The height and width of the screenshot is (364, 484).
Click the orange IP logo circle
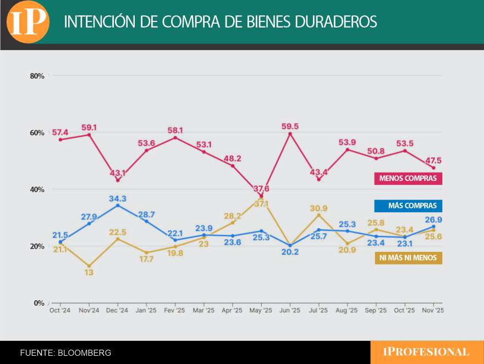click(x=28, y=22)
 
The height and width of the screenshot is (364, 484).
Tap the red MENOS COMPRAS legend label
click(x=408, y=179)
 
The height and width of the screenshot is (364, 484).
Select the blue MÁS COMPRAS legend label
click(x=408, y=206)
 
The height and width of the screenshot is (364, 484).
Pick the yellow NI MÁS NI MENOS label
click(x=408, y=258)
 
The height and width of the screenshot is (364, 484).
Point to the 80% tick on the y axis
click(x=37, y=76)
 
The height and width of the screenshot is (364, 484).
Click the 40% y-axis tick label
click(x=37, y=190)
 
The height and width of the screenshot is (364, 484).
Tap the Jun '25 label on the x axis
click(x=290, y=311)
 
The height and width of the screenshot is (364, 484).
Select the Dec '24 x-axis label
click(x=118, y=311)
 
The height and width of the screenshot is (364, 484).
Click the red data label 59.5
click(x=290, y=126)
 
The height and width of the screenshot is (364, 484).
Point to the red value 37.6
click(x=261, y=189)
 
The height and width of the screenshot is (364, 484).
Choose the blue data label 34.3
click(x=118, y=198)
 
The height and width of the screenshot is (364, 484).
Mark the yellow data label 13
click(x=89, y=273)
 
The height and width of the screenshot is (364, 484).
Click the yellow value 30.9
click(x=318, y=208)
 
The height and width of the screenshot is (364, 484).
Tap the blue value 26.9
click(x=433, y=219)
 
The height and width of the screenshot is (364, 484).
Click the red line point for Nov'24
click(x=89, y=135)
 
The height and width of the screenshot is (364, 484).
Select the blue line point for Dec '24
click(x=118, y=205)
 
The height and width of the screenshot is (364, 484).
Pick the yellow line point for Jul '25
click(x=318, y=215)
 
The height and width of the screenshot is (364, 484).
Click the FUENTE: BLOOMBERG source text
click(x=65, y=353)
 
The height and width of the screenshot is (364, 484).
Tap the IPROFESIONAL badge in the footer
click(x=426, y=352)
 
